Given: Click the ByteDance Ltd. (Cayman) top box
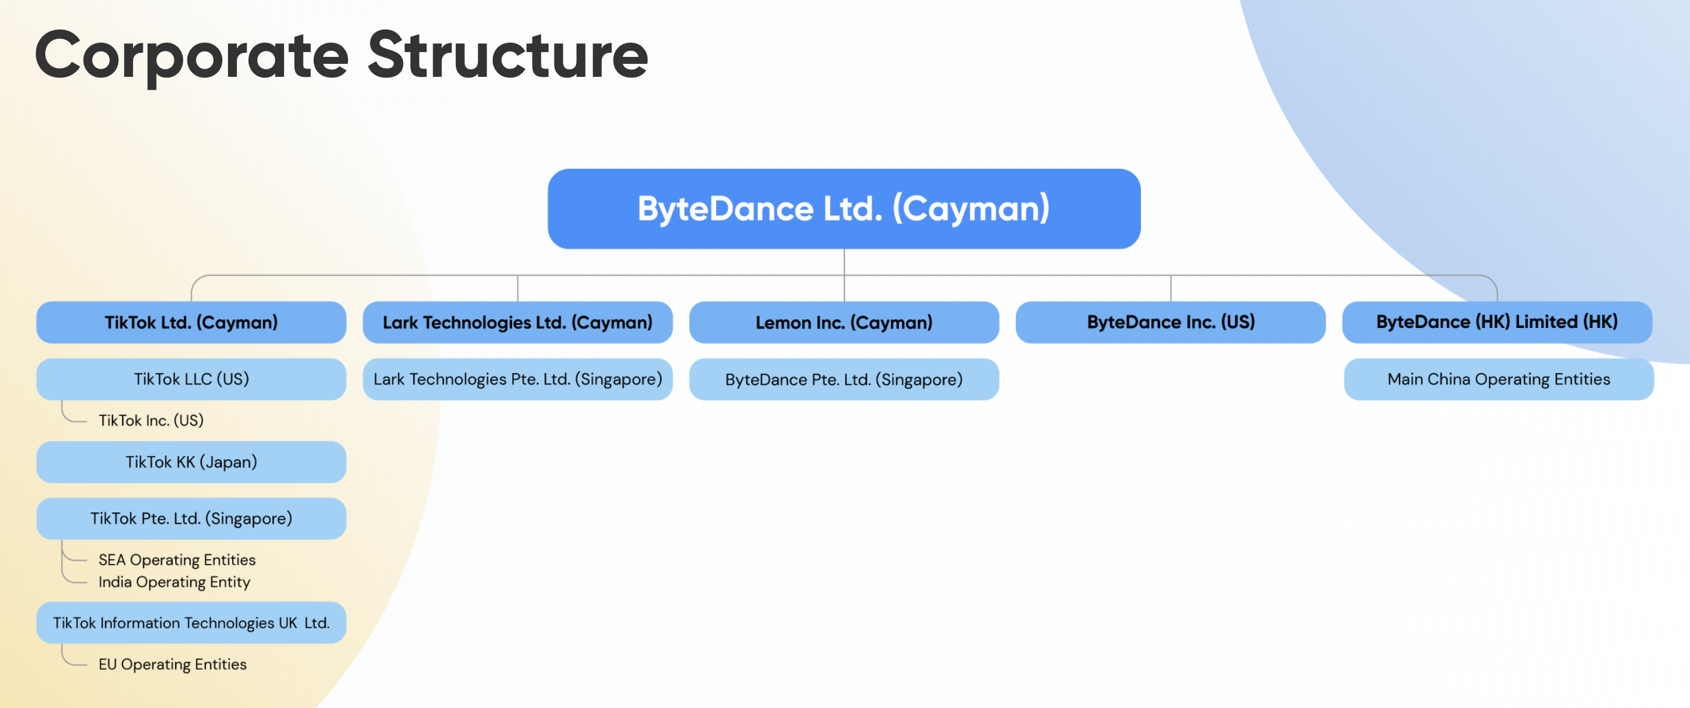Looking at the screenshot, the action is [844, 209].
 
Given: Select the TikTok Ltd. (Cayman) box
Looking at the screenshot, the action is [192, 322].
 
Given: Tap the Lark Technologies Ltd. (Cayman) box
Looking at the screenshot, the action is [518, 322].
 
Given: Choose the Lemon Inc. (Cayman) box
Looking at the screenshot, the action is [844, 322].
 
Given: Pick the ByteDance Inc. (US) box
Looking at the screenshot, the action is [1171, 322].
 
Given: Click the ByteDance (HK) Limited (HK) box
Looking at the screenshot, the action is [1497, 322].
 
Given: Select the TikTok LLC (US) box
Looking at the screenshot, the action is [192, 379].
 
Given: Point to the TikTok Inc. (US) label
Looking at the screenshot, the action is [151, 421].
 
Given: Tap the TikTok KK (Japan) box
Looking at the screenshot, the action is [192, 462].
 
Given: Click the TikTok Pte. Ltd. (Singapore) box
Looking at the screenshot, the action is [192, 519].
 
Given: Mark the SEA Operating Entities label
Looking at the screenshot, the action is [177, 560].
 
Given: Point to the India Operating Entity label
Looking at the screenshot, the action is [174, 582].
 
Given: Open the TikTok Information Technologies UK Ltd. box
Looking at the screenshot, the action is [192, 623].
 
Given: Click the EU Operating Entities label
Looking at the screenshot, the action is [172, 665].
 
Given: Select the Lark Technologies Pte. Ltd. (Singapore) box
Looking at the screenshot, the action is [518, 379].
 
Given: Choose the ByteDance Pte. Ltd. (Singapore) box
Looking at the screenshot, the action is [844, 379].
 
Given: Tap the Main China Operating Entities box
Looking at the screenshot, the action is [1499, 379].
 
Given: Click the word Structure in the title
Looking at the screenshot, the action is [508, 55].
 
